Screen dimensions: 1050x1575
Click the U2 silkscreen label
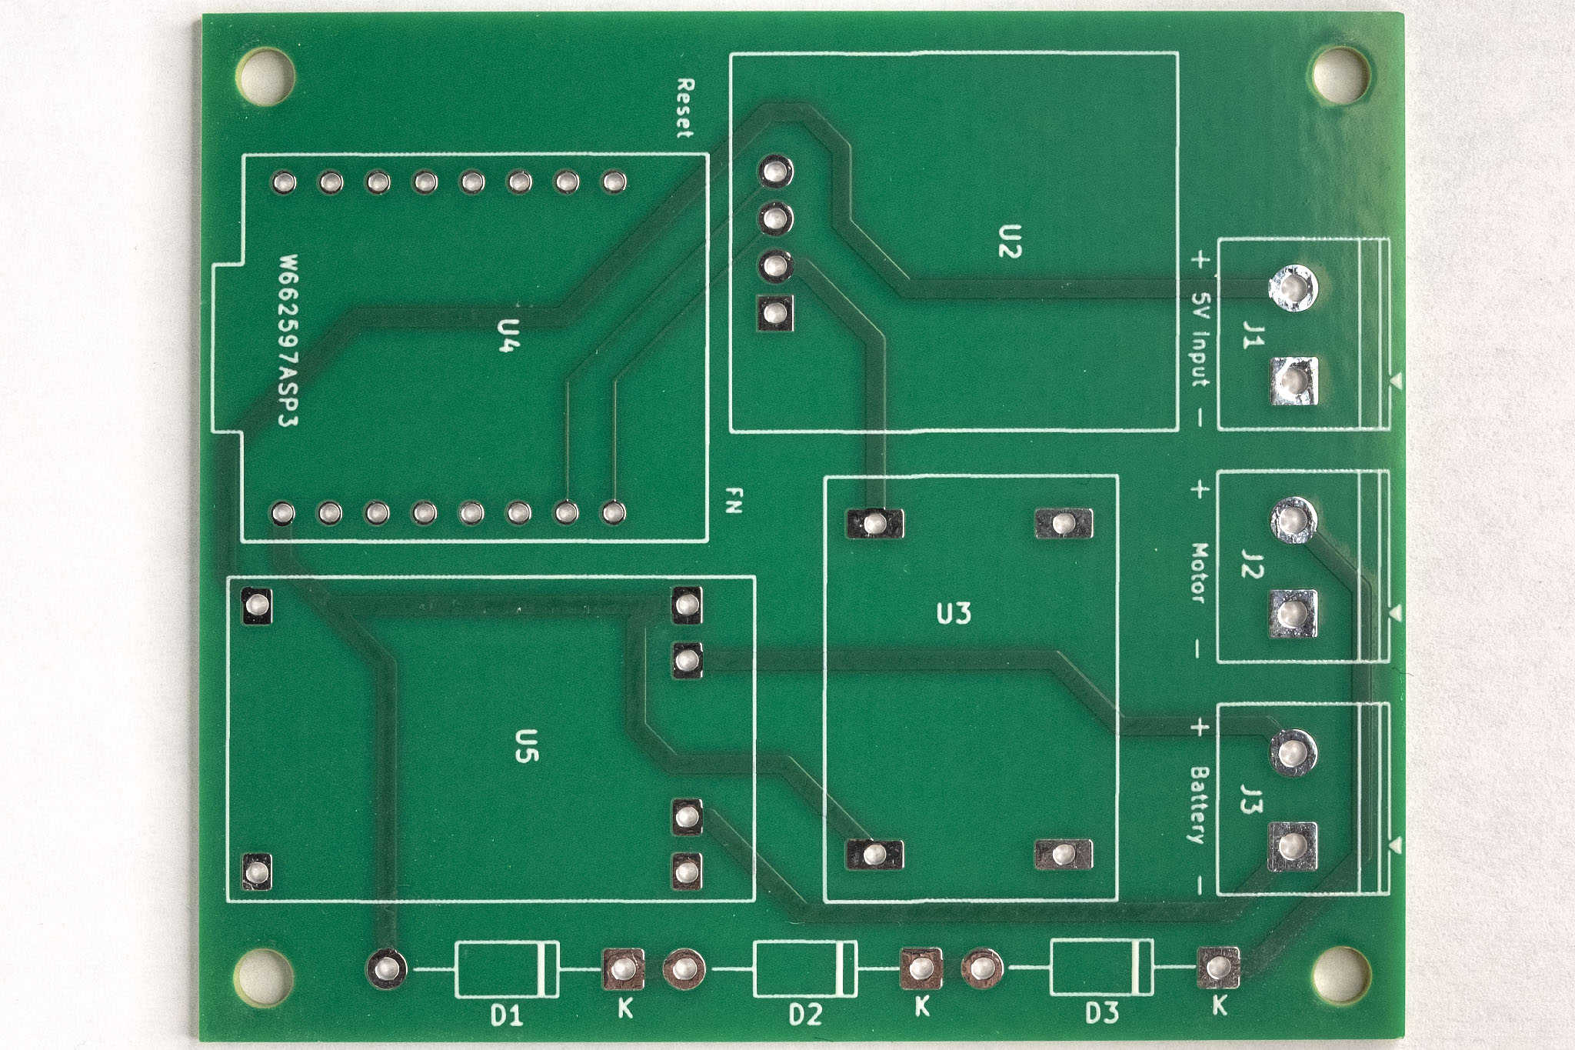pyautogui.click(x=1010, y=241)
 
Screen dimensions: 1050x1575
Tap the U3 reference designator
pyautogui.click(x=954, y=614)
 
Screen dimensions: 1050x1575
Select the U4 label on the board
pyautogui.click(x=507, y=335)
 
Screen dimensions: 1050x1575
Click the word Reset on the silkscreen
pyautogui.click(x=684, y=108)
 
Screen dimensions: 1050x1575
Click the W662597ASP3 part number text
pyautogui.click(x=289, y=341)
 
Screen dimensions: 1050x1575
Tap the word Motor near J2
pyautogui.click(x=1199, y=572)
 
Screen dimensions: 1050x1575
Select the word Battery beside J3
pyautogui.click(x=1199, y=805)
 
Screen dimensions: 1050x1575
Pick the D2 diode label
pyautogui.click(x=805, y=1015)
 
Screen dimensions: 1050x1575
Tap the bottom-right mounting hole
pyautogui.click(x=1340, y=975)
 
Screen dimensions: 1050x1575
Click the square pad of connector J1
pyautogui.click(x=1294, y=381)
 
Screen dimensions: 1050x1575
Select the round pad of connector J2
pyautogui.click(x=1294, y=520)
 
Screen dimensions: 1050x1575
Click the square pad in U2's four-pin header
pyautogui.click(x=775, y=313)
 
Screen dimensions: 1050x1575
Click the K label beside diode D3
pyautogui.click(x=1219, y=1005)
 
